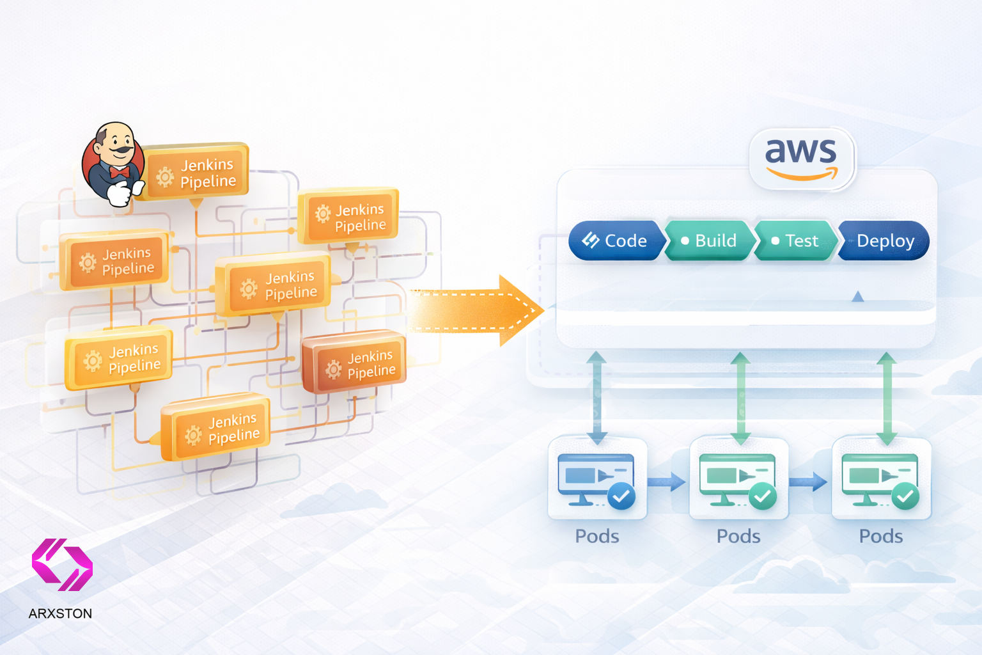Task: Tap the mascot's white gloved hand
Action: (x=120, y=193)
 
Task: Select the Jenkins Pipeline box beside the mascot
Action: (x=196, y=172)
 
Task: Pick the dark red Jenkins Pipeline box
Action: (x=354, y=362)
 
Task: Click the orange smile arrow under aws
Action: (x=802, y=174)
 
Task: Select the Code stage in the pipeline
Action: (x=615, y=241)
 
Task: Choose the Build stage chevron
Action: (x=710, y=241)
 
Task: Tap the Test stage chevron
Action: (x=795, y=241)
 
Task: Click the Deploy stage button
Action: (x=885, y=241)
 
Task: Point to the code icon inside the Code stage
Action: (x=590, y=240)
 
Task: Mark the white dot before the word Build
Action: (x=685, y=241)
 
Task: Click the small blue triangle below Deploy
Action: (x=858, y=296)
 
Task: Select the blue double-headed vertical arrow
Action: (x=596, y=397)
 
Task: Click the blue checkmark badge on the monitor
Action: (x=621, y=496)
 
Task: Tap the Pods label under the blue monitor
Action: (x=597, y=536)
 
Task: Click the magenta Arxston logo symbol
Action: (x=62, y=564)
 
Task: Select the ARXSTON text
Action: (x=60, y=613)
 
